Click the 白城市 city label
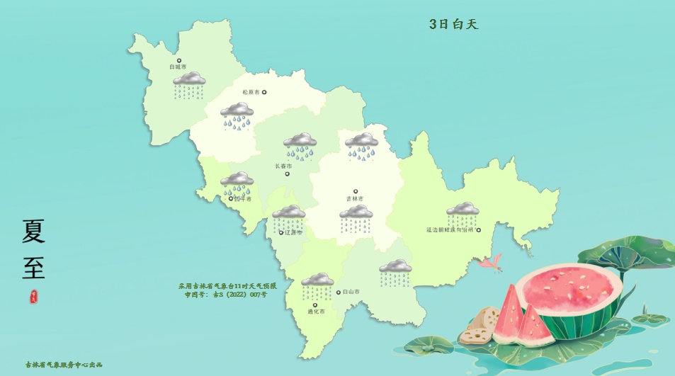pyautogui.click(x=176, y=67)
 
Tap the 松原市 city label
pyautogui.click(x=251, y=92)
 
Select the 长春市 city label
pyautogui.click(x=283, y=166)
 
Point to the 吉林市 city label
pyautogui.click(x=355, y=199)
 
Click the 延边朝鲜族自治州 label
pyautogui.click(x=450, y=229)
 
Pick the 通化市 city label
pyautogui.click(x=316, y=312)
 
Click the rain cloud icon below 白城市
pyautogui.click(x=189, y=84)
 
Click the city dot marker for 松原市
pyautogui.click(x=265, y=92)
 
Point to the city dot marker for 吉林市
pyautogui.click(x=356, y=190)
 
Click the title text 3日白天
pyautogui.click(x=454, y=24)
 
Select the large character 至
pyautogui.click(x=33, y=268)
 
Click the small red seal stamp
pyautogui.click(x=33, y=297)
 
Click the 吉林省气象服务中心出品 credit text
pyautogui.click(x=64, y=365)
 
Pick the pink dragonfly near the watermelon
pyautogui.click(x=490, y=265)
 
